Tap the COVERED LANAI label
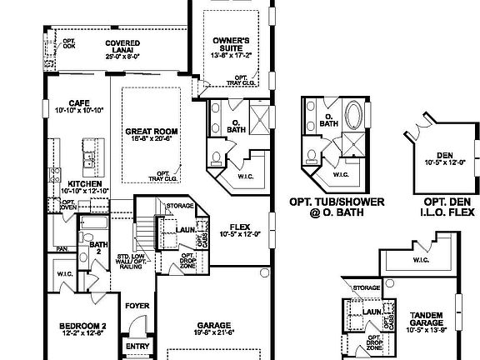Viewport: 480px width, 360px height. (122, 47)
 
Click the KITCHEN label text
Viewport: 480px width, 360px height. (86, 183)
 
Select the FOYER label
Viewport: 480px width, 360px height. (137, 306)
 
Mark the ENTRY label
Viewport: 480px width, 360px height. (137, 346)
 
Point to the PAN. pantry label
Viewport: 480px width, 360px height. (62, 247)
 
